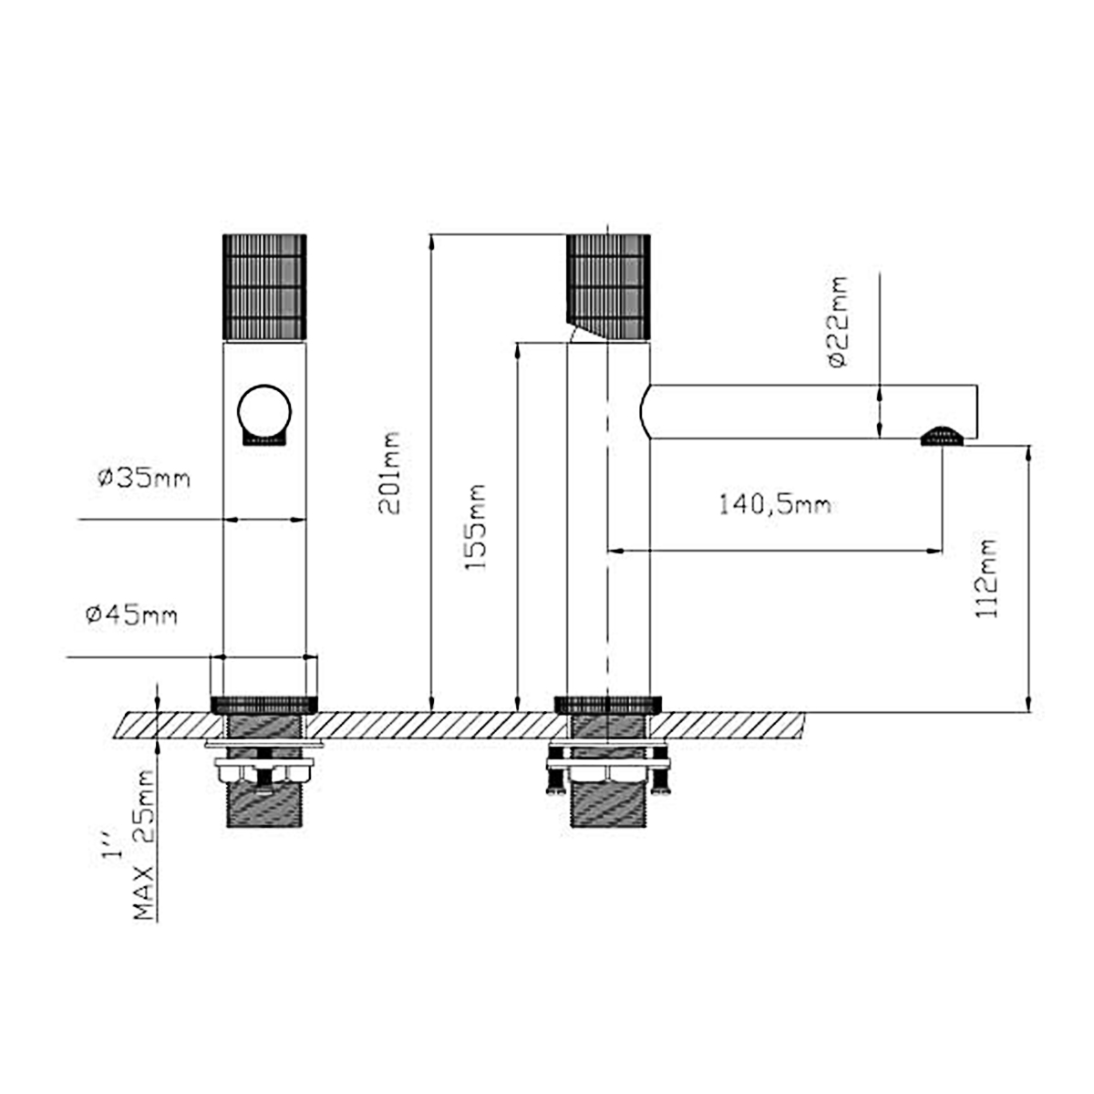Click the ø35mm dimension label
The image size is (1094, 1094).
pos(144,478)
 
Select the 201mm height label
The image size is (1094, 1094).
pos(389,474)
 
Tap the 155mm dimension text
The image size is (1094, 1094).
pos(476,529)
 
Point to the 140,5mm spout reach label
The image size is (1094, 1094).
pos(774,504)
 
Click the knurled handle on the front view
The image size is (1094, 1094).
pos(264,286)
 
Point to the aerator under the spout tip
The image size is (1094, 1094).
pos(942,436)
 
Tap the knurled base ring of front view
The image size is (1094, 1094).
pos(264,704)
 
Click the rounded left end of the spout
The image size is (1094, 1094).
pos(646,410)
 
